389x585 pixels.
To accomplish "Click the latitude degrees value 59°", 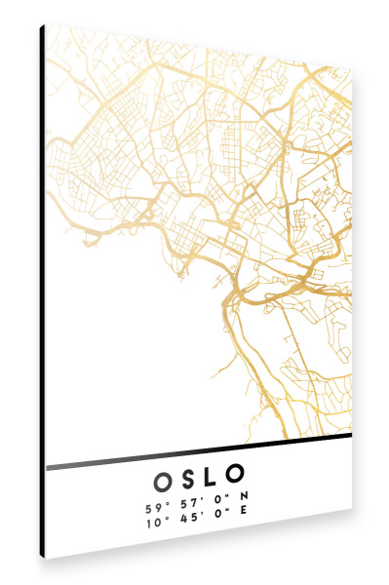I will tap(156, 508).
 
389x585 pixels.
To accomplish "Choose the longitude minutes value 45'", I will tap(189, 523).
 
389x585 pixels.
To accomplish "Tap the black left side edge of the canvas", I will tap(42, 292).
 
